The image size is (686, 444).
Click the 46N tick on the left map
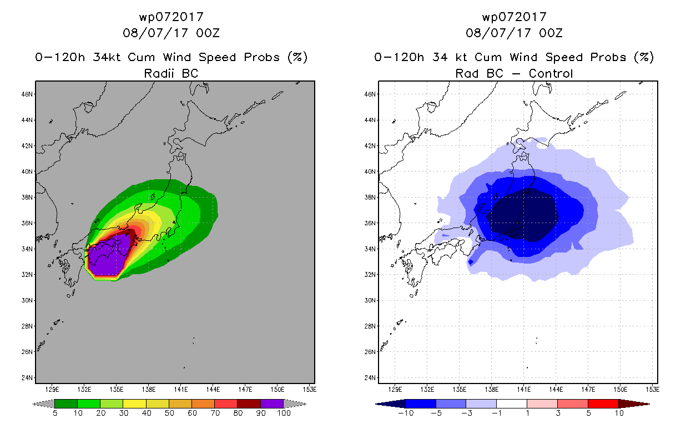[27, 94]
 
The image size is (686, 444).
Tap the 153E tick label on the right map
[653, 390]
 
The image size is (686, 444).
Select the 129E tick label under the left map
[52, 390]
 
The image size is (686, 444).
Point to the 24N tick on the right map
[370, 378]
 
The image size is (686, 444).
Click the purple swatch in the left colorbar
[272, 403]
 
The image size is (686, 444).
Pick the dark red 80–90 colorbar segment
[249, 403]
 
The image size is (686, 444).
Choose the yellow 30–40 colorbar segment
[134, 403]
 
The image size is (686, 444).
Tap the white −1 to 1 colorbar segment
[512, 403]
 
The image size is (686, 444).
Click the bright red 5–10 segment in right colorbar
[603, 403]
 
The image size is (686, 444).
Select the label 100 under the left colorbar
[284, 413]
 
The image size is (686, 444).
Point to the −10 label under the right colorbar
[406, 413]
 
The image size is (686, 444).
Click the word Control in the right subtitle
[551, 73]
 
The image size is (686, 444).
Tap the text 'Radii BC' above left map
[171, 73]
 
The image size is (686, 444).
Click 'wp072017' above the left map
[171, 17]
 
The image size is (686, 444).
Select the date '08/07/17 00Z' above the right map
[514, 33]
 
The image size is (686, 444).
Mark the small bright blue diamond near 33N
[471, 262]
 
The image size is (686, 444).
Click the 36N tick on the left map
[27, 223]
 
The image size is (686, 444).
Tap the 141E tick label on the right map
[524, 390]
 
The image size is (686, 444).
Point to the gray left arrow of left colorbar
[43, 404]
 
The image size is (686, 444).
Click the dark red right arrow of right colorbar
[634, 404]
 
